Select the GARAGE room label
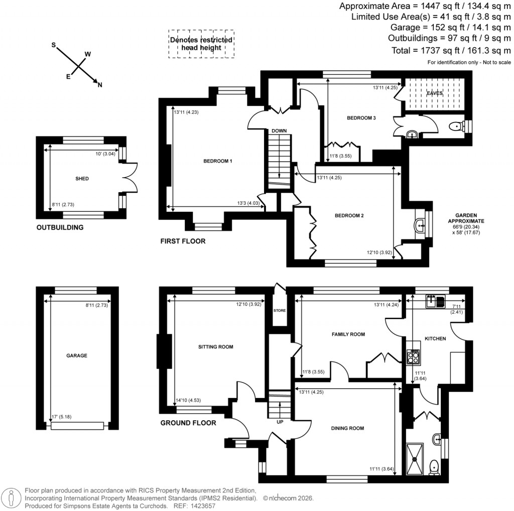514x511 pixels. pyautogui.click(x=77, y=355)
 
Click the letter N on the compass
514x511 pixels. pyautogui.click(x=100, y=85)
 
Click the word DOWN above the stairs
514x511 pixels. pyautogui.click(x=279, y=131)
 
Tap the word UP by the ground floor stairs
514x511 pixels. pyautogui.click(x=280, y=422)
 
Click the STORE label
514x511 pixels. pyautogui.click(x=279, y=311)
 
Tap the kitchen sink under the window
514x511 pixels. pyautogui.click(x=435, y=301)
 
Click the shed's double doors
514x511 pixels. pyautogui.click(x=130, y=178)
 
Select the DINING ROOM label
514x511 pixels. pyautogui.click(x=347, y=428)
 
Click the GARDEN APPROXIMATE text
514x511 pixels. pyautogui.click(x=466, y=218)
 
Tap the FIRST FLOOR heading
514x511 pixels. pyautogui.click(x=183, y=241)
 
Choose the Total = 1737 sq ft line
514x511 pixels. pyautogui.click(x=451, y=50)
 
